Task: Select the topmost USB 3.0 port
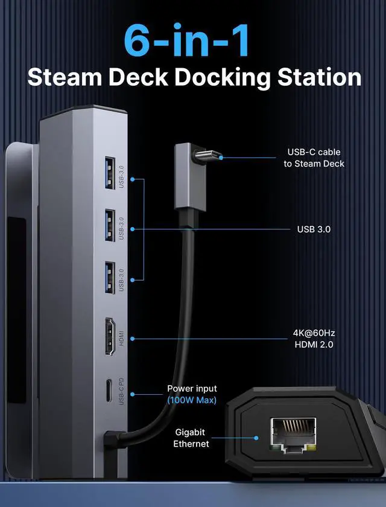coord(110,173)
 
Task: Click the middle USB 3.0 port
coord(110,225)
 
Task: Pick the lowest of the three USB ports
coord(110,277)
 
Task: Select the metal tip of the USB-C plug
coord(209,159)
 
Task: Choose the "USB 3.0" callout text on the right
coord(314,229)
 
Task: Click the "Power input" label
coord(192,389)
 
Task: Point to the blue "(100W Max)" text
coord(192,400)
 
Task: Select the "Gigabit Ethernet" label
coord(192,438)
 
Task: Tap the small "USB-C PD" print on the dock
coord(122,391)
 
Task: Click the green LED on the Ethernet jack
coord(275,447)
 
